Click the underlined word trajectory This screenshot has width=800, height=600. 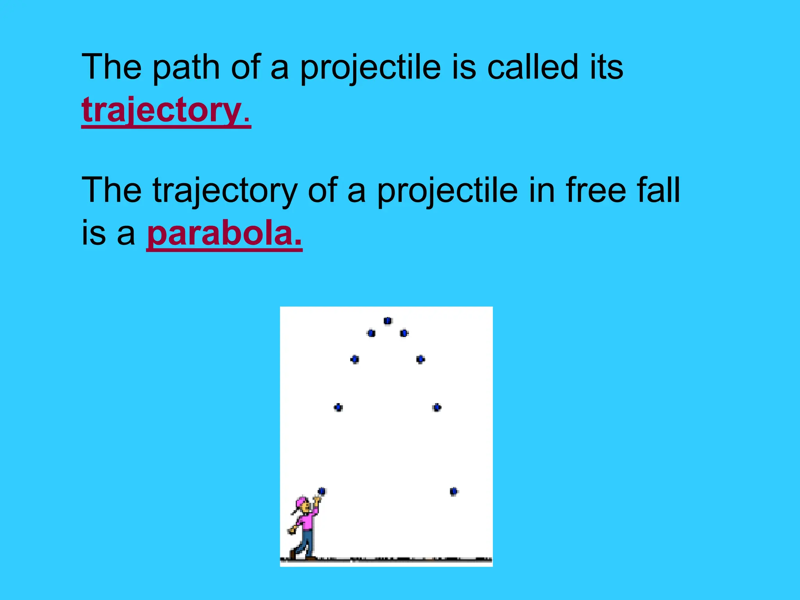click(166, 111)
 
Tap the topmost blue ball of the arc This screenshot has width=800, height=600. click(387, 321)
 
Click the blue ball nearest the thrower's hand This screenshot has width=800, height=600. click(321, 491)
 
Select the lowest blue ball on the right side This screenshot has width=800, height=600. click(454, 491)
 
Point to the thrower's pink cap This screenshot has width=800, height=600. click(301, 502)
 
